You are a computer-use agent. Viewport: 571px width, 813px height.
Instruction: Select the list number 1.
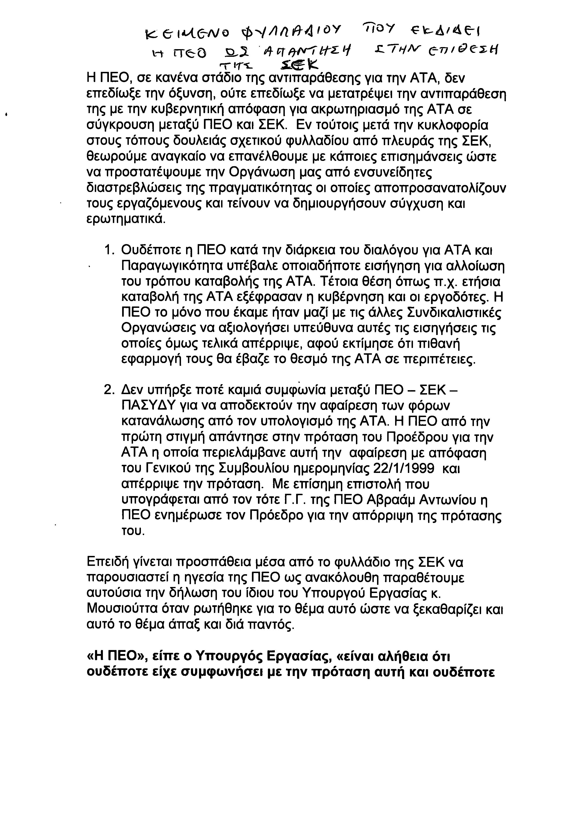(108, 251)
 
